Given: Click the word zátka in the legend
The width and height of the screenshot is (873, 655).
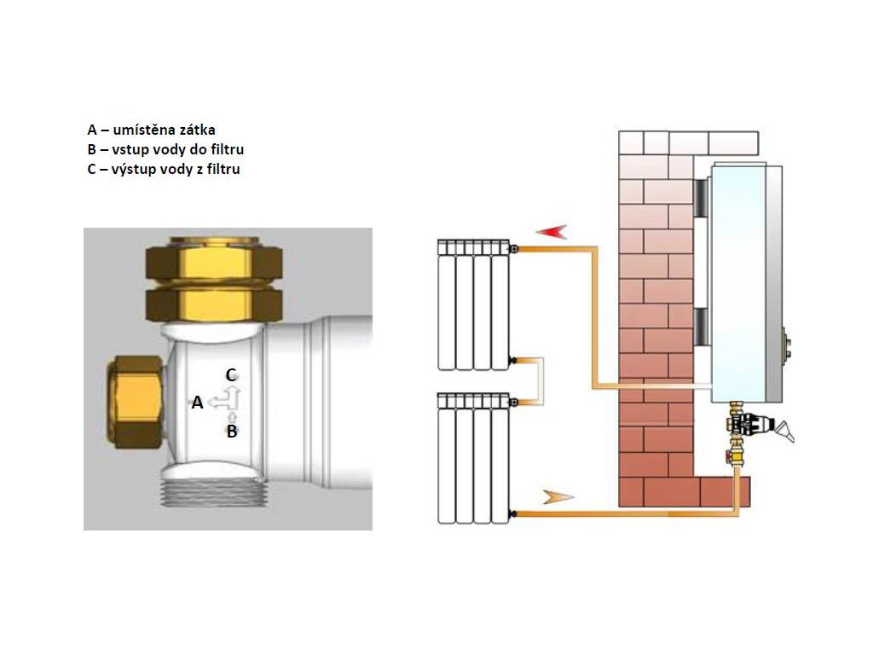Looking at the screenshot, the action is [x=197, y=130].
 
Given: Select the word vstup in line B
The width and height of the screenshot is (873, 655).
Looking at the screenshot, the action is [x=130, y=150].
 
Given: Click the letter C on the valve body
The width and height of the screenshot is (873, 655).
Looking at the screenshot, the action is [x=231, y=375].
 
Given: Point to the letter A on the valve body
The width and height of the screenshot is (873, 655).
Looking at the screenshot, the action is [x=197, y=403].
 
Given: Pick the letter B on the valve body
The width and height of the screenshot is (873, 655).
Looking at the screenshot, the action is [x=232, y=431].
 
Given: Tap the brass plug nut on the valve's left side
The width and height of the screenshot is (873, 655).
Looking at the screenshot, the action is [x=136, y=403].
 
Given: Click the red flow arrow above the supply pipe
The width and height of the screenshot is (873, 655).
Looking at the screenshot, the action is [x=552, y=232].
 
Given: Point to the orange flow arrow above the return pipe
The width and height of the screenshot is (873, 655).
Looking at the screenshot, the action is [x=558, y=497].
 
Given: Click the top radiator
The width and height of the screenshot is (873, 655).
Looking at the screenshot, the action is [x=474, y=305].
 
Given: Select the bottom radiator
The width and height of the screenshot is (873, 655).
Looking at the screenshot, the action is [x=474, y=458].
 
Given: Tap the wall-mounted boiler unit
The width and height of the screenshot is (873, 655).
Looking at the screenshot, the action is [x=746, y=283].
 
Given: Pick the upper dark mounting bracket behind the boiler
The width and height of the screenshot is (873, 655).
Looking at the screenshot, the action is [x=701, y=197].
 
